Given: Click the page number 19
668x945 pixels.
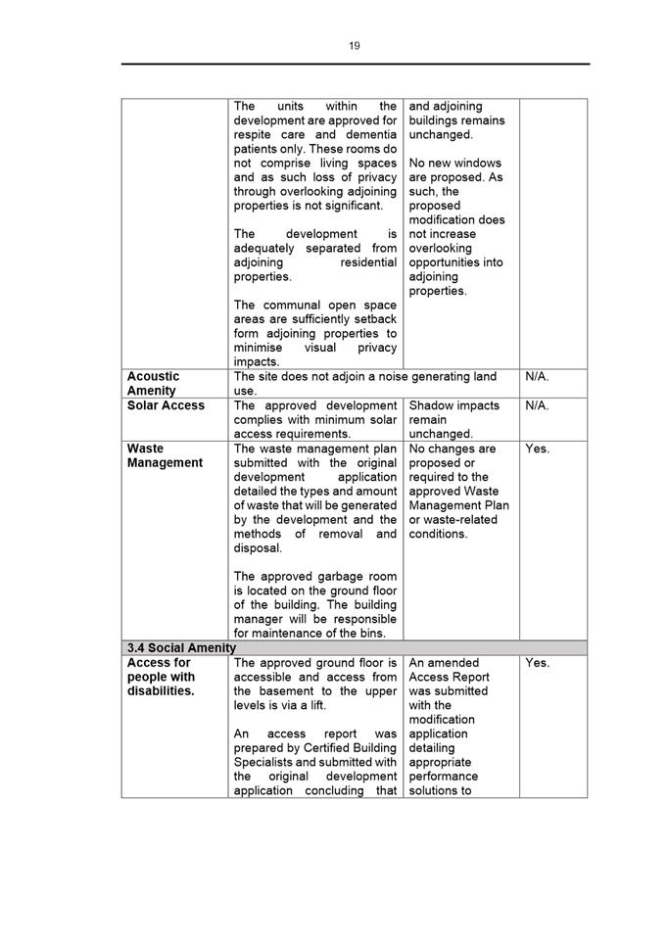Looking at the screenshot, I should [354, 46].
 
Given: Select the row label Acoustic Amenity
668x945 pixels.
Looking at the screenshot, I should [154, 383].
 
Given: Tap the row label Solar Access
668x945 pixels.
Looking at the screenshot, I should [166, 405].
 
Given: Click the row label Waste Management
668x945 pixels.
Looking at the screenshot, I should [165, 455].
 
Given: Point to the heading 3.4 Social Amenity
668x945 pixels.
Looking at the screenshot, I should [181, 647].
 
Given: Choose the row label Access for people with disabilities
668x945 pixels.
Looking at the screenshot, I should [162, 677].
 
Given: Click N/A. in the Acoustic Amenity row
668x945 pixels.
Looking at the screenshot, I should [538, 376].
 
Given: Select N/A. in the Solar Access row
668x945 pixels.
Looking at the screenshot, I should [538, 405].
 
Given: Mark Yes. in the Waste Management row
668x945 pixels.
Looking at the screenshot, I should [538, 449].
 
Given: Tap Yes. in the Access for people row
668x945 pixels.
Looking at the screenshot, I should [538, 663].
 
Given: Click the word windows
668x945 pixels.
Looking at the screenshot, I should [477, 163].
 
